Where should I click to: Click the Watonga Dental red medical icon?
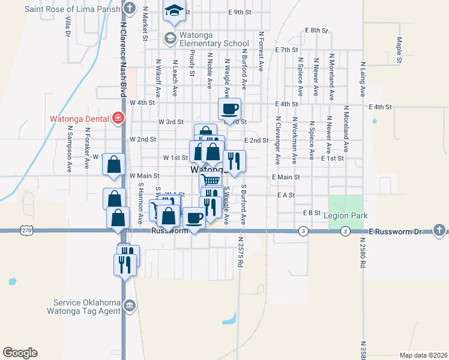[x=118, y=118]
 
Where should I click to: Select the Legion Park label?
[x=345, y=215]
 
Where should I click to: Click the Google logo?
[x=20, y=353]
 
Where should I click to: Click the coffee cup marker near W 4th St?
[x=229, y=109]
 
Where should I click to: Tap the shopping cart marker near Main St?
[x=210, y=180]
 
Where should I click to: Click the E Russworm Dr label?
[x=396, y=231]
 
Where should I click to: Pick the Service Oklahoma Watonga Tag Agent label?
[x=87, y=307]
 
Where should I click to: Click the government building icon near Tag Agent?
[x=129, y=307]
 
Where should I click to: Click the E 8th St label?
[x=317, y=30]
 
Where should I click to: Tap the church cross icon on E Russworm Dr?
[x=439, y=230]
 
